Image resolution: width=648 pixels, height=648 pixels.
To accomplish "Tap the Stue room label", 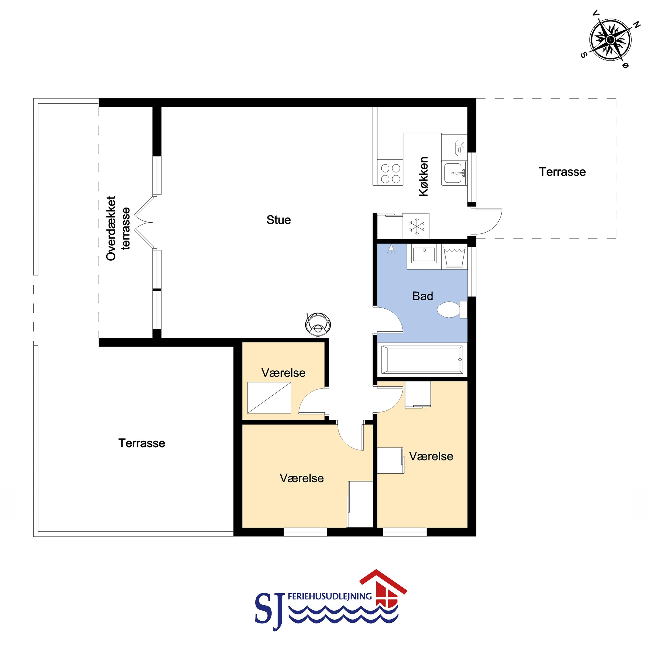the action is [x=278, y=220].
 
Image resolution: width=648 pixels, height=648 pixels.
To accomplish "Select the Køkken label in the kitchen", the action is [x=424, y=176].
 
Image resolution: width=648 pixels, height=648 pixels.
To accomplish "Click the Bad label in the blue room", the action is [x=423, y=296].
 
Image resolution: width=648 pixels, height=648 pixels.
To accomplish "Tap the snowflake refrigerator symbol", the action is [x=416, y=226].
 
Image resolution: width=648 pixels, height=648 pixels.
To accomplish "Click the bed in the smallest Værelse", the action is [x=269, y=398].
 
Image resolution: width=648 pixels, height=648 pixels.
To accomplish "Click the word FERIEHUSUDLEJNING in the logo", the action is [x=330, y=596].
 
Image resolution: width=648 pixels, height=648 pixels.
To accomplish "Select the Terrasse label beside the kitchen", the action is [x=563, y=172].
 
